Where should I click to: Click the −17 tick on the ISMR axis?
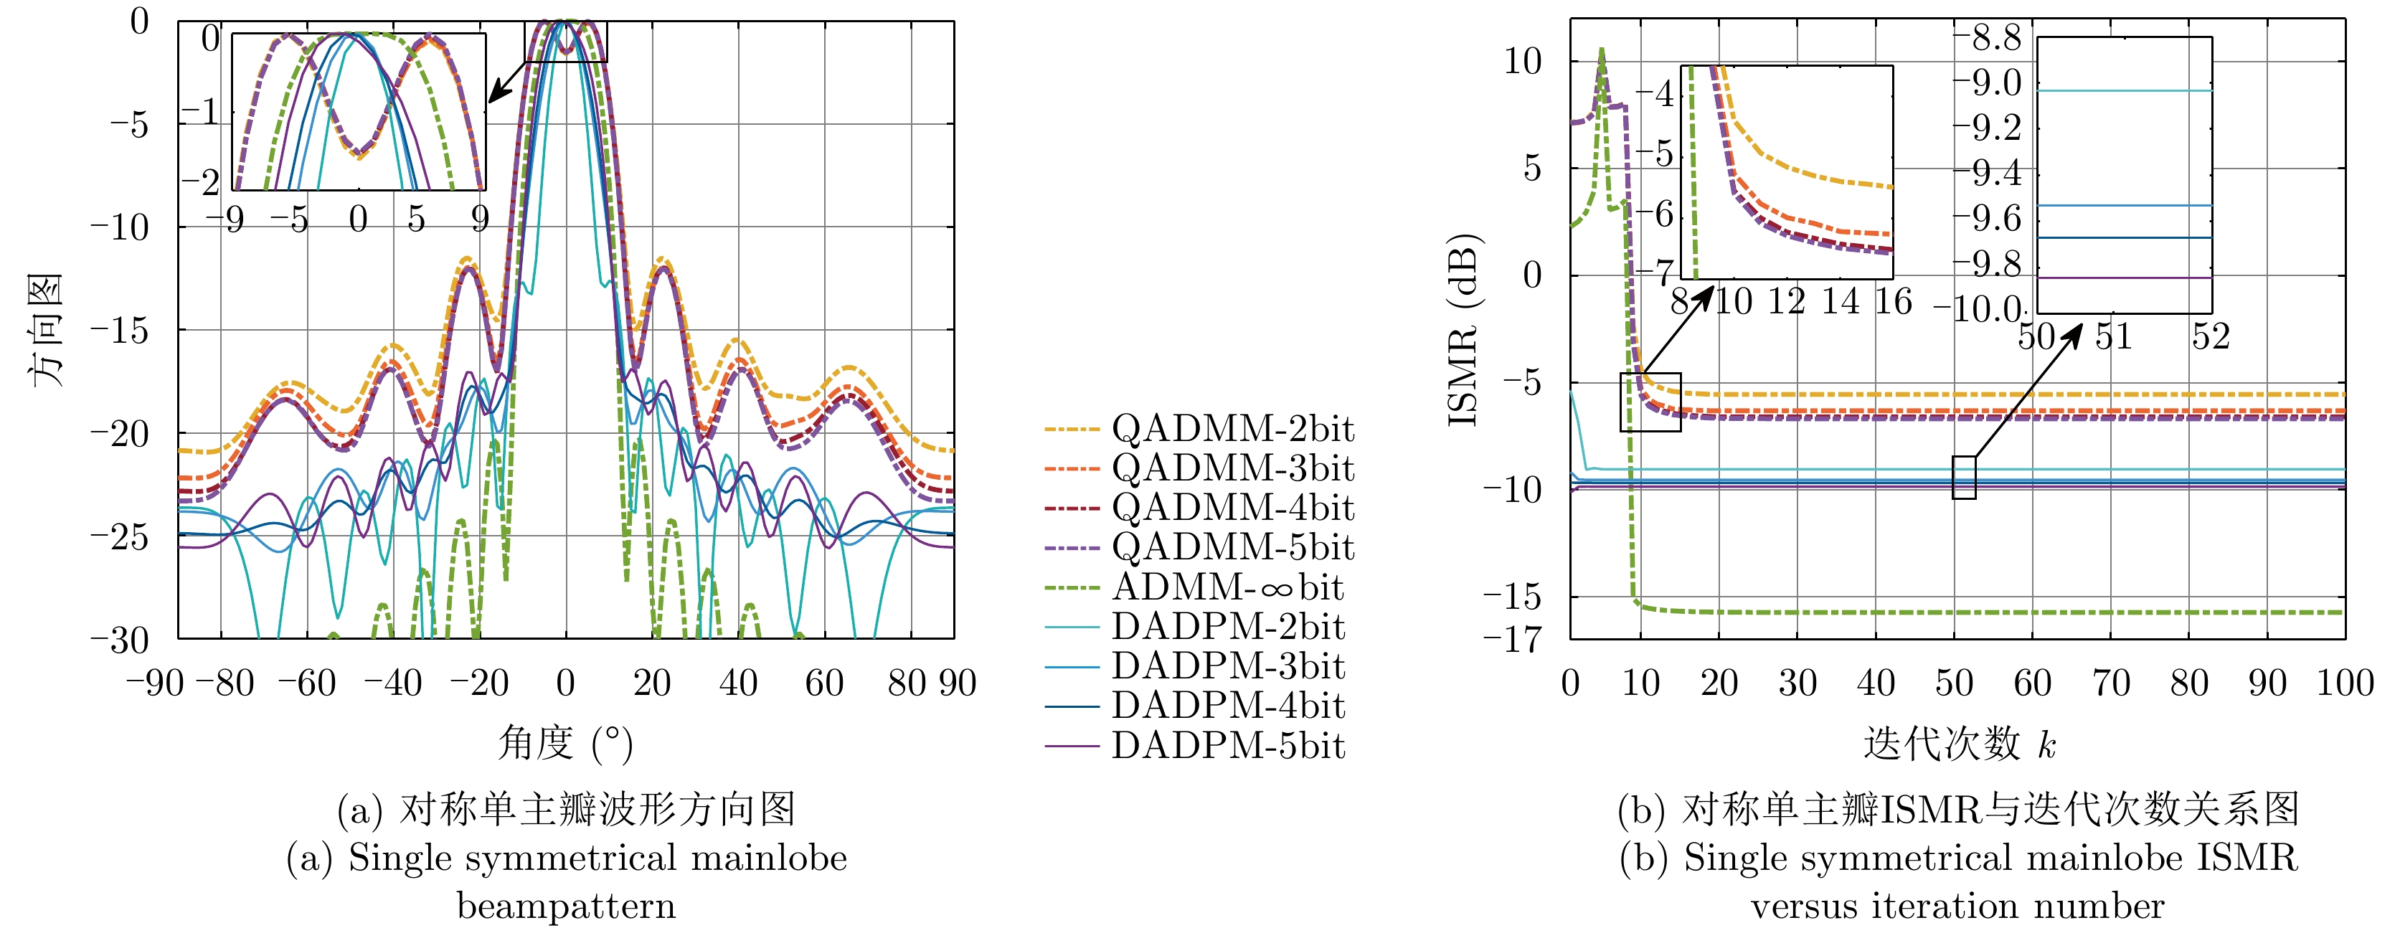(x=1513, y=640)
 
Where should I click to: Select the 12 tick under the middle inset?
(x=1786, y=302)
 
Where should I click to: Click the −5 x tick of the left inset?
(x=289, y=221)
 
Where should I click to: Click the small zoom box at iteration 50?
(x=1964, y=477)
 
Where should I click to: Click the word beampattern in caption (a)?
(x=565, y=906)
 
